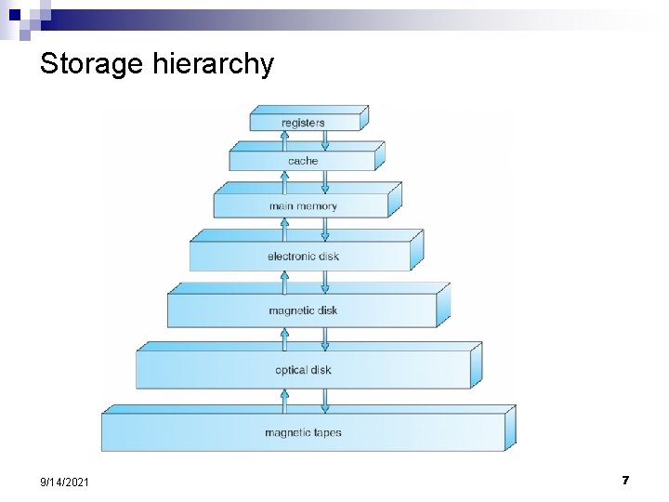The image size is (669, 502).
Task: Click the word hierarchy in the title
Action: tap(218, 65)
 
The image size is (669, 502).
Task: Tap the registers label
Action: tap(304, 123)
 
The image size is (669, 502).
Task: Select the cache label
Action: tap(303, 161)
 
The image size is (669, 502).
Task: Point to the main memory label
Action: tap(303, 206)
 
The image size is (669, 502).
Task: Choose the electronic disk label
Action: tap(303, 256)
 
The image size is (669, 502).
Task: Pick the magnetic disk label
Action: tap(303, 310)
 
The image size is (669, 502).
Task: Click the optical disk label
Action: tap(303, 370)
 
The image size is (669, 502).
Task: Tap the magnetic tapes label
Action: tap(303, 432)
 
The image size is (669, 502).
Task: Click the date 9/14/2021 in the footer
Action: tap(65, 482)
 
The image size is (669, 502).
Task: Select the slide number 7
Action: tap(625, 481)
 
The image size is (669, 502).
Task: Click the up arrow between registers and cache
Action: tap(285, 139)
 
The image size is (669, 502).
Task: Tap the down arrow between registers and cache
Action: tap(324, 139)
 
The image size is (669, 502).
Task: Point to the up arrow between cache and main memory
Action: tap(285, 180)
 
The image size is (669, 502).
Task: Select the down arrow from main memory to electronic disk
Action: tap(324, 229)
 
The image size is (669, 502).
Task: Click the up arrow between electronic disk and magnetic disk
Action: tap(285, 281)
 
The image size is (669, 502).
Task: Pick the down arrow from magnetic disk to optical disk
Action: tap(324, 337)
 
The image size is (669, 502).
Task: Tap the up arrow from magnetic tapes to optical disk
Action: tap(285, 400)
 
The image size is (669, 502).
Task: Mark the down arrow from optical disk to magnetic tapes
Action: tap(324, 400)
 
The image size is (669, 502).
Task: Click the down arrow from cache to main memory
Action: tap(324, 180)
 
